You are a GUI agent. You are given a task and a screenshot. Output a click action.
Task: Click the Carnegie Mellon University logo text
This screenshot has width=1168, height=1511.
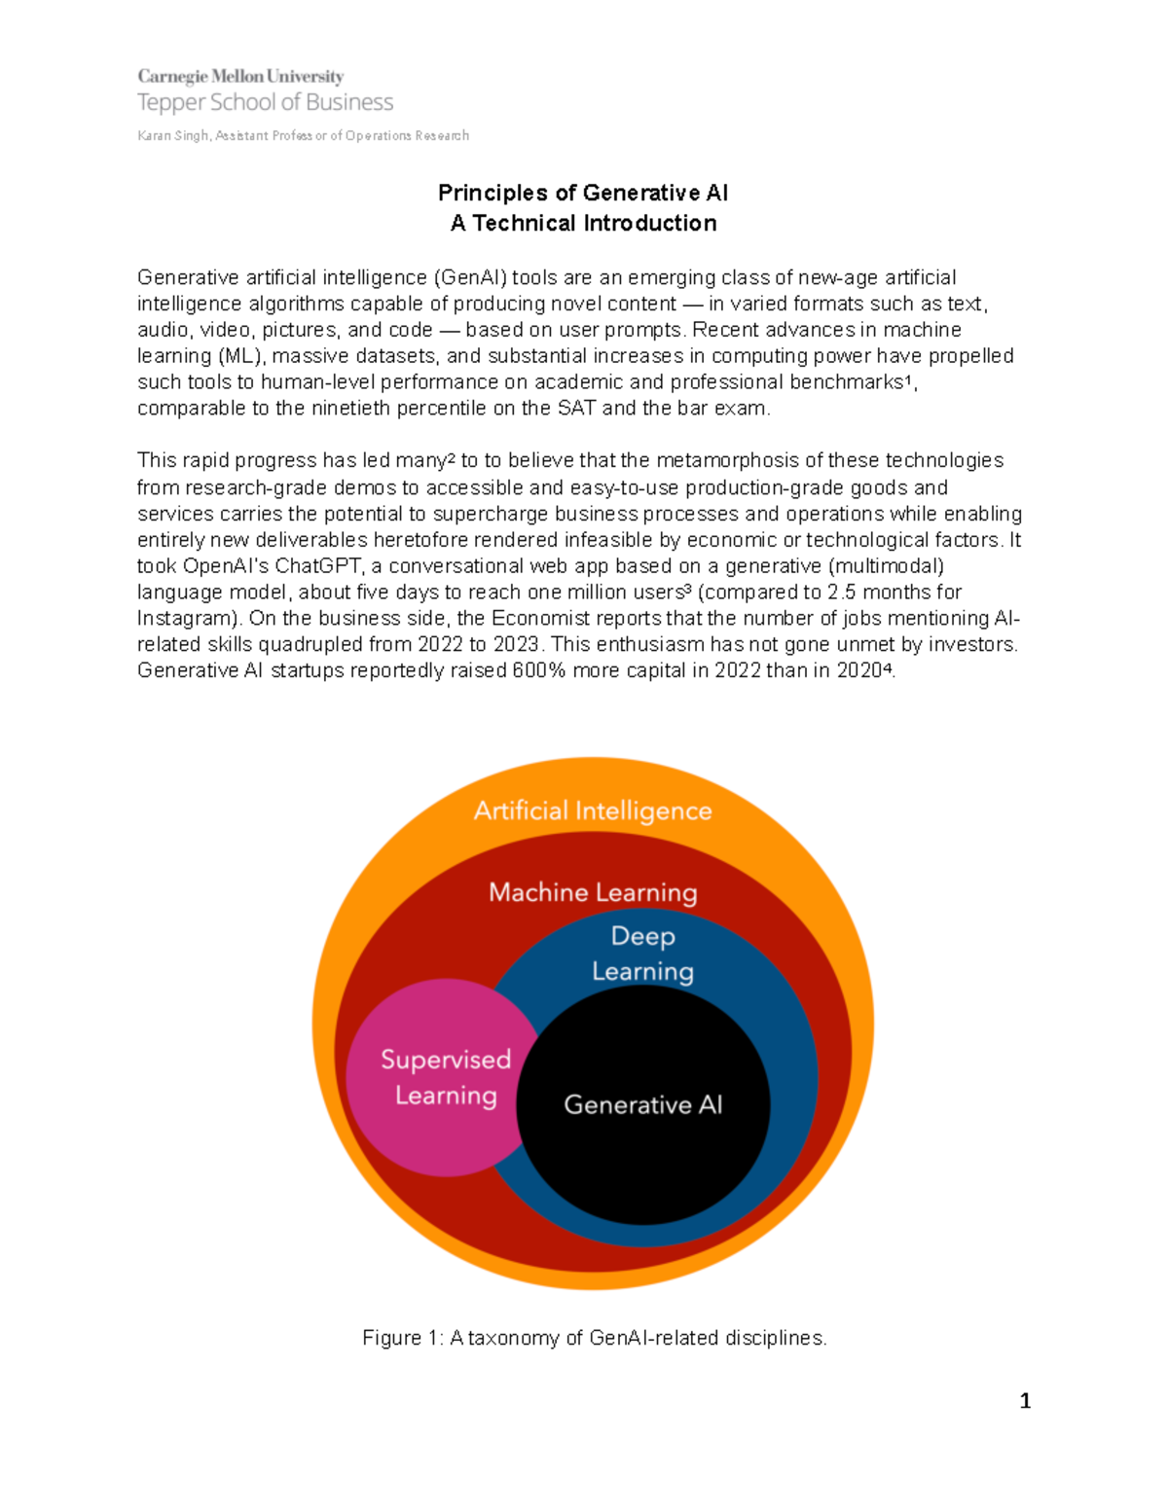[x=240, y=76]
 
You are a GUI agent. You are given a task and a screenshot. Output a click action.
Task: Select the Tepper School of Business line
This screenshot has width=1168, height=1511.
[x=265, y=102]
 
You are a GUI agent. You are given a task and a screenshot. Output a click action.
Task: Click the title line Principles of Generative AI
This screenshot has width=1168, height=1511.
[x=583, y=193]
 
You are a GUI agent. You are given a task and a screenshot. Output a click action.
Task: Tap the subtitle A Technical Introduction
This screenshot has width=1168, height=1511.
[x=583, y=223]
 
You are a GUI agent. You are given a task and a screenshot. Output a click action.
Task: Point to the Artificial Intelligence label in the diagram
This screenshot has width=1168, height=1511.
[x=593, y=810]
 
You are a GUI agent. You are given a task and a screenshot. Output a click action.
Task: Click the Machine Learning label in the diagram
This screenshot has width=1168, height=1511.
[x=593, y=892]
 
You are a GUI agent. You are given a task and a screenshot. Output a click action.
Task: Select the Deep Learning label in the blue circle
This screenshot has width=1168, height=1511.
[x=642, y=953]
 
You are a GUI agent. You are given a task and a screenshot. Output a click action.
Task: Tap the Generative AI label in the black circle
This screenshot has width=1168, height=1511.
[x=642, y=1104]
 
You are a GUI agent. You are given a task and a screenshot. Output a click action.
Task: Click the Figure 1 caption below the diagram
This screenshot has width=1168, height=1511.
[x=594, y=1338]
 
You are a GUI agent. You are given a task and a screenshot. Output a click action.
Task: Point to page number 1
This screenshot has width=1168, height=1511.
[x=1025, y=1401]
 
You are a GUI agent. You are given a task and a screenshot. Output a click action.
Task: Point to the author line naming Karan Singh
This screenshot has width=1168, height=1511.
[x=303, y=135]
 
